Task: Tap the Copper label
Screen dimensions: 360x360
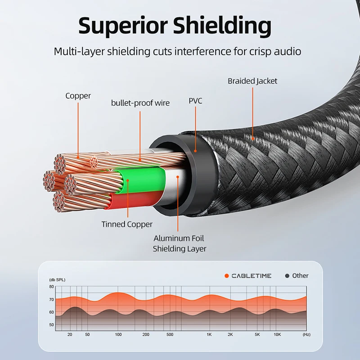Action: pyautogui.click(x=78, y=96)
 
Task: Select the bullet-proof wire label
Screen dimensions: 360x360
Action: pyautogui.click(x=140, y=103)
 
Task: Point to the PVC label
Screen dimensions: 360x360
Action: pyautogui.click(x=195, y=101)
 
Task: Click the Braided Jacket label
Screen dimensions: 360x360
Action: pyautogui.click(x=252, y=81)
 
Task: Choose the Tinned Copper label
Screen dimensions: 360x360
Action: pyautogui.click(x=127, y=224)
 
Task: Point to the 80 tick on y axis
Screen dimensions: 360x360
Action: pyautogui.click(x=51, y=287)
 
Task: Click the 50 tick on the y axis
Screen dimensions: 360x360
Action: pyautogui.click(x=51, y=324)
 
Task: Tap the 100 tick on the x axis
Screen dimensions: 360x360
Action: pyautogui.click(x=118, y=335)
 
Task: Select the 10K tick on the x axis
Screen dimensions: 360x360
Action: pyautogui.click(x=277, y=335)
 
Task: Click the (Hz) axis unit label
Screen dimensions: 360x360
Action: pyautogui.click(x=306, y=335)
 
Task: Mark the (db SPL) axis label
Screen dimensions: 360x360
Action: pyautogui.click(x=57, y=280)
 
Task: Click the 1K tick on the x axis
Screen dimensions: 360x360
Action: pyautogui.click(x=209, y=335)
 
